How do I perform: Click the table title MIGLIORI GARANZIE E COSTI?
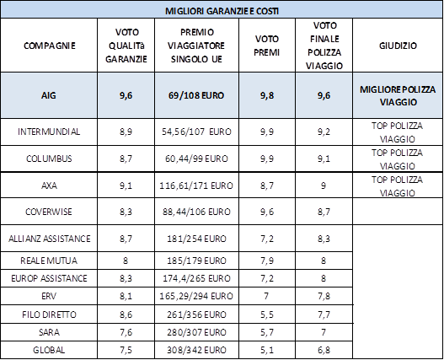click(x=222, y=11)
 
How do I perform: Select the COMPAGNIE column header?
click(x=49, y=46)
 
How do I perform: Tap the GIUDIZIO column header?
click(x=398, y=46)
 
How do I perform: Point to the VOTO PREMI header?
click(x=267, y=46)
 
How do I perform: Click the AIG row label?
click(x=48, y=95)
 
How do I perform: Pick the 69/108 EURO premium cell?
click(x=196, y=95)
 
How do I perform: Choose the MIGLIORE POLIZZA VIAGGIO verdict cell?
click(x=398, y=95)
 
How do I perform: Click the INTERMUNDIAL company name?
click(x=49, y=132)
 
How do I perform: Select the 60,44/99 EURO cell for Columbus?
click(x=196, y=159)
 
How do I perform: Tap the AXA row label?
click(x=49, y=185)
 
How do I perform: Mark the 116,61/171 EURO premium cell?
click(x=196, y=185)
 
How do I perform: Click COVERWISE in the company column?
click(x=49, y=212)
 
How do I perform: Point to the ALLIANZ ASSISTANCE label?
click(x=49, y=239)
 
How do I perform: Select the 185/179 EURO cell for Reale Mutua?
click(x=196, y=261)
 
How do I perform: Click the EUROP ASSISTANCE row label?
click(x=49, y=278)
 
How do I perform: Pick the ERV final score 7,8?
click(x=324, y=297)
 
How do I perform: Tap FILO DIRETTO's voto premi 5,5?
click(x=267, y=314)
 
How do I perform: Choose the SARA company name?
click(x=49, y=332)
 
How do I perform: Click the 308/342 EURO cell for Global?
click(x=196, y=350)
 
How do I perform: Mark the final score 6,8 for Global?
click(x=324, y=350)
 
